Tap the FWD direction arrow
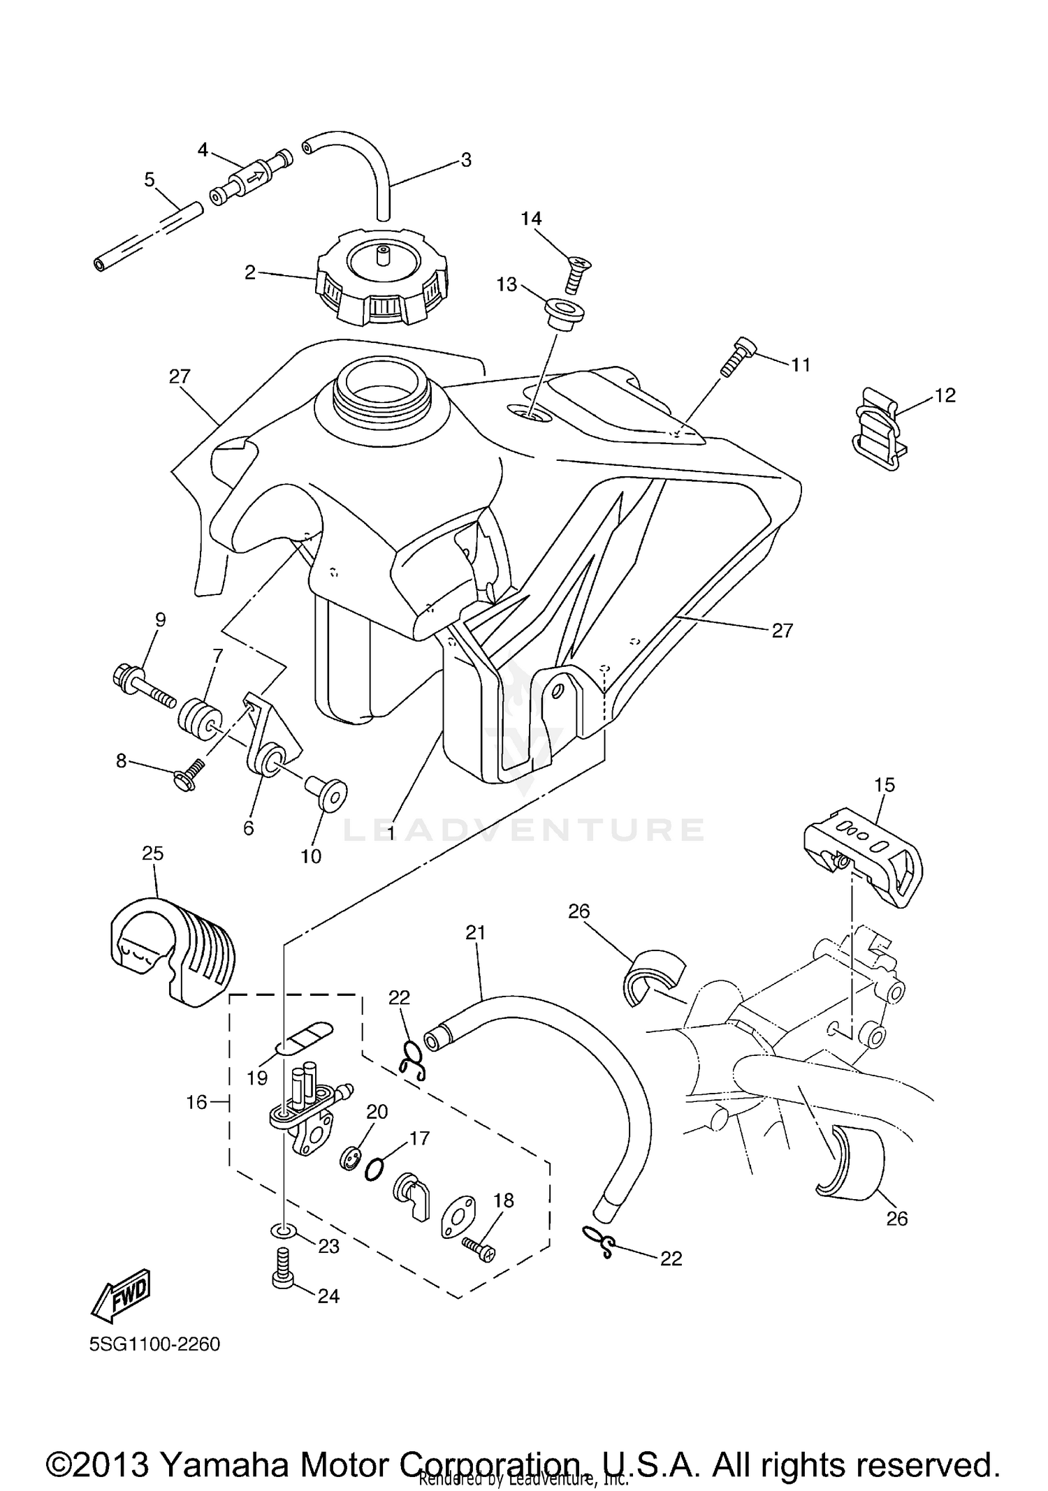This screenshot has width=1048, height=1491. click(x=121, y=1292)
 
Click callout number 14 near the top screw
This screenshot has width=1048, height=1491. click(x=531, y=219)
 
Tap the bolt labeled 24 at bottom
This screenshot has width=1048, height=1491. click(x=282, y=1274)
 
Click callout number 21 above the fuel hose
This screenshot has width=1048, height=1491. click(x=475, y=932)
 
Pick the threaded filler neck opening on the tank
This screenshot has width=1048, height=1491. click(x=379, y=385)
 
